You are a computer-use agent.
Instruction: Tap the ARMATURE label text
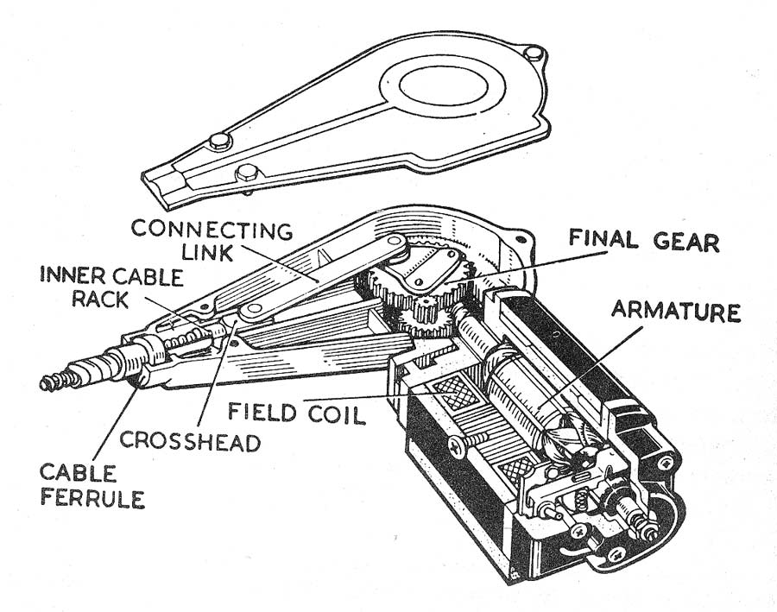[676, 312]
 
